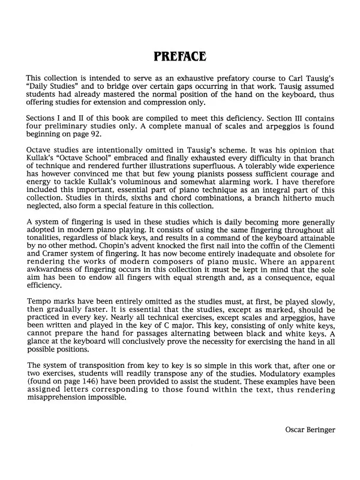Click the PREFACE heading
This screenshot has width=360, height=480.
[179, 57]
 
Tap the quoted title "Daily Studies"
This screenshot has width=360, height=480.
[52, 89]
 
